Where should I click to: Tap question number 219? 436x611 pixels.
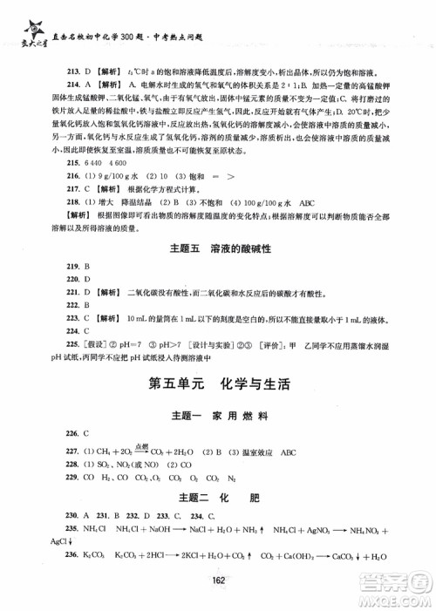click(63, 265)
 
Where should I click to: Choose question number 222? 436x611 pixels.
click(63, 306)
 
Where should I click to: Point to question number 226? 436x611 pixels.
click(63, 432)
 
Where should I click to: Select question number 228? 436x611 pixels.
click(63, 465)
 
